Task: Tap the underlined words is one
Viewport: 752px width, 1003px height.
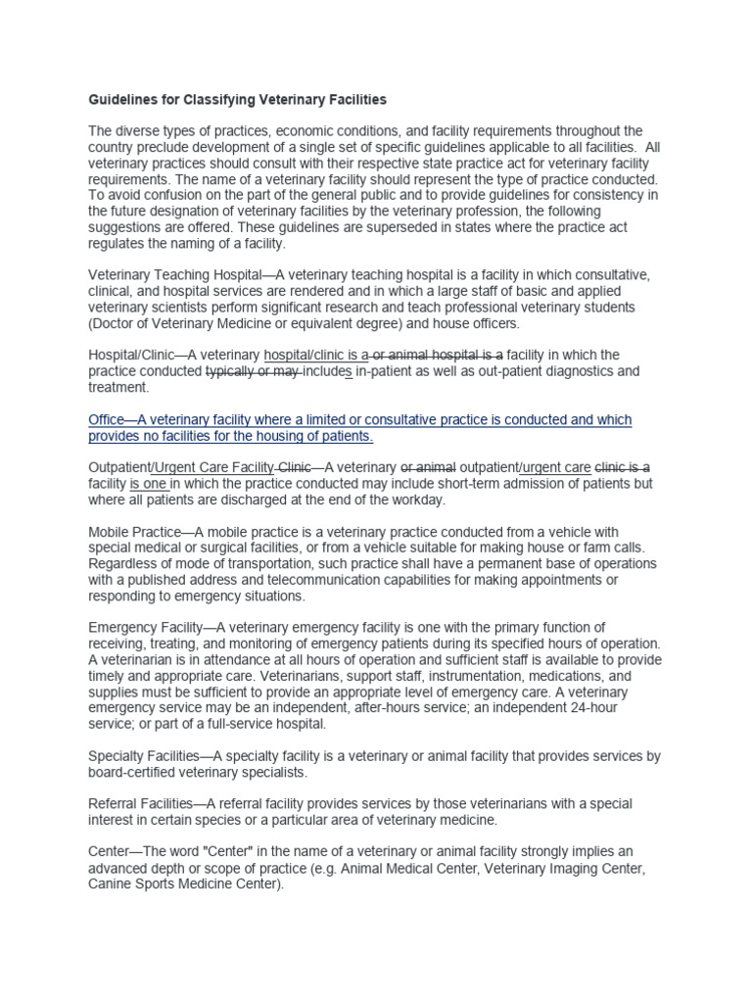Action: (x=150, y=483)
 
